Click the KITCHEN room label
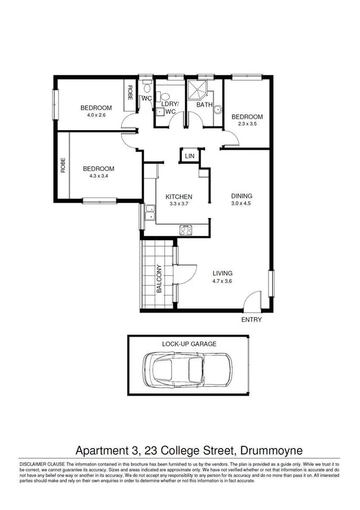tap(179, 197)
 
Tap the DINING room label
tap(241, 196)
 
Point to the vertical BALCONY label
tap(160, 279)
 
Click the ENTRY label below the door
tap(251, 320)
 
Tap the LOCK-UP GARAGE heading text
tap(188, 344)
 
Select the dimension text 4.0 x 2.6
tap(96, 115)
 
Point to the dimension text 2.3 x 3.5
tap(247, 124)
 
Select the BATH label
tap(204, 105)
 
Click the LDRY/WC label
tap(168, 107)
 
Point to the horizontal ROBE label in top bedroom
tap(129, 93)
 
